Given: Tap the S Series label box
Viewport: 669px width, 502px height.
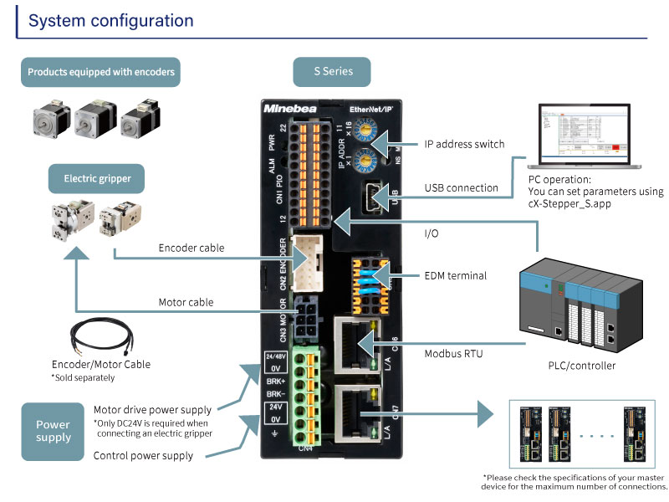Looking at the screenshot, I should click(333, 72).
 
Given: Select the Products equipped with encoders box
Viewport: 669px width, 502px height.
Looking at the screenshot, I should click(101, 72).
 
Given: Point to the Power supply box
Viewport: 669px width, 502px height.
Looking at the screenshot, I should click(53, 431).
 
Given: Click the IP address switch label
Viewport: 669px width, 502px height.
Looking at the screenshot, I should click(464, 144).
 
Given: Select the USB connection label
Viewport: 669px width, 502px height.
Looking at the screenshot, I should click(461, 188).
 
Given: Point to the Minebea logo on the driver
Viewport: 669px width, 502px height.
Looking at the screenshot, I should click(290, 109).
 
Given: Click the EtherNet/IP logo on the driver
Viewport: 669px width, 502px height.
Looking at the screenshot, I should click(371, 109).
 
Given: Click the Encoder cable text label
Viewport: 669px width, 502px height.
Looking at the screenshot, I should click(192, 248).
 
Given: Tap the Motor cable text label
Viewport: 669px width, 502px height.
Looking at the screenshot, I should click(186, 302).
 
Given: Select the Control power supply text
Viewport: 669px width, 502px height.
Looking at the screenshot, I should click(143, 456).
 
